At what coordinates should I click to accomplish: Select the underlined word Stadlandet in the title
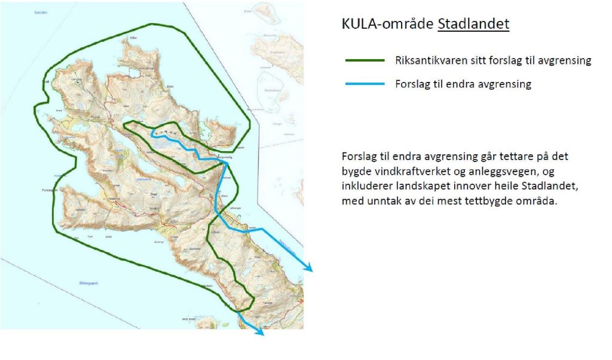[x=473, y=25]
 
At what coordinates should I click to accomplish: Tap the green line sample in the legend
[x=365, y=60]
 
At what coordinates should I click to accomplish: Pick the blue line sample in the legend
[x=365, y=84]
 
